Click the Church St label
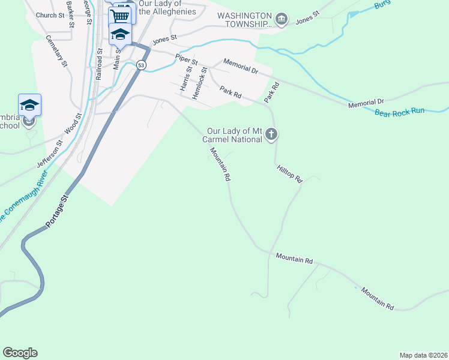(49, 15)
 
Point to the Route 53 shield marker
(140, 65)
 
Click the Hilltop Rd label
(289, 175)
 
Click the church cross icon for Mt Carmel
(271, 134)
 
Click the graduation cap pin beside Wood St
(29, 106)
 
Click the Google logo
(20, 353)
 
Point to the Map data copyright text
(423, 355)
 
